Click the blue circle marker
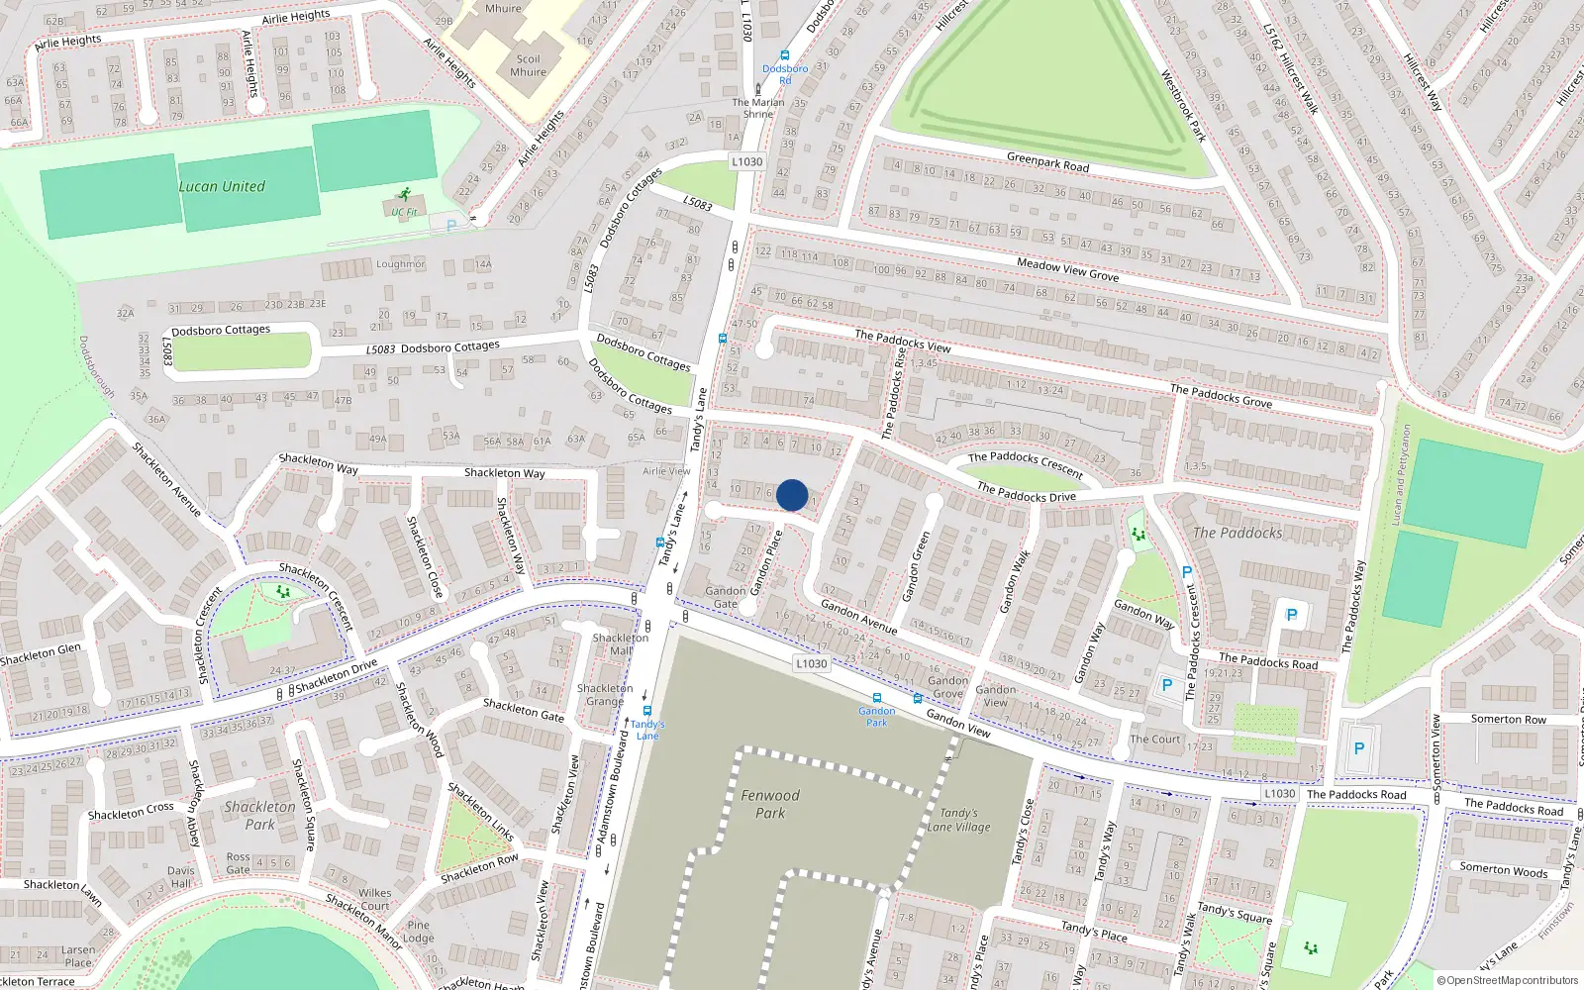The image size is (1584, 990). coord(792,495)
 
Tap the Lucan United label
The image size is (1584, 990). coord(222,186)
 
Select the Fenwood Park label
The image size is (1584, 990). coord(770,804)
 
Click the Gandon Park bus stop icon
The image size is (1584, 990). coord(877,698)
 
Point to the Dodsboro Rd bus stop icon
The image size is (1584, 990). coord(785,56)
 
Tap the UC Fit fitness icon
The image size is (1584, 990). coord(404,195)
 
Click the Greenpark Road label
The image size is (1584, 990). coord(1047,161)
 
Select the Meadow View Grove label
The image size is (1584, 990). coord(1068,269)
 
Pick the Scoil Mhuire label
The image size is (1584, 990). coord(528,65)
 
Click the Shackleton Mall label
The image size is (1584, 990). coord(621,643)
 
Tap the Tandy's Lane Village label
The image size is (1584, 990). coord(958,820)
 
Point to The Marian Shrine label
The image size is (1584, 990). coord(758,108)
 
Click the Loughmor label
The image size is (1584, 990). coord(401,264)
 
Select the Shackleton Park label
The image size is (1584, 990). coord(259,815)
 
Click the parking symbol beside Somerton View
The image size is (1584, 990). coord(1358,749)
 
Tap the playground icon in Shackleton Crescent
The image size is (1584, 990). coord(283,591)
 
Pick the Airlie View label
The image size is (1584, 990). coord(666,471)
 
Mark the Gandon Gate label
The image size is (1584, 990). coord(726,597)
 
